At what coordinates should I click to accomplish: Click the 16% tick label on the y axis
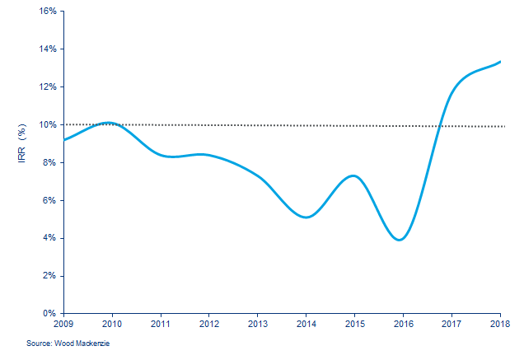coord(47,12)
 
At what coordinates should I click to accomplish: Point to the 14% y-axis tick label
coord(47,49)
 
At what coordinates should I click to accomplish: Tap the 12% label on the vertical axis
coord(47,87)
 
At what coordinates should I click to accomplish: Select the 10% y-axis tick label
coord(47,125)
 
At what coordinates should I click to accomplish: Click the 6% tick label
coord(49,201)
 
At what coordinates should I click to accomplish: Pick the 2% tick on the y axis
coord(49,276)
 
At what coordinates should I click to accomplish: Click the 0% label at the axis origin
coord(49,314)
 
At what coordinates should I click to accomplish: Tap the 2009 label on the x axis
coord(63,323)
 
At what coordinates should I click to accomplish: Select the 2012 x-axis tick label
coord(208,323)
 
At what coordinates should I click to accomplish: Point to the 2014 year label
coord(306,323)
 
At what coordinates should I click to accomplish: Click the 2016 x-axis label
coord(403,323)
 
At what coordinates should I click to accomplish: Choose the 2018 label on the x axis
coord(500,323)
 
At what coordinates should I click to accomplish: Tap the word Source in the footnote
coord(39,343)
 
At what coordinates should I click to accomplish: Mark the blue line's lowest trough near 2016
coord(400,240)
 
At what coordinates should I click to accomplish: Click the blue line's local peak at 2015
coord(353,175)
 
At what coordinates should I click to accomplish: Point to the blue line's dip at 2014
coord(306,217)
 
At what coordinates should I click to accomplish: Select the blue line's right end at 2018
coord(500,62)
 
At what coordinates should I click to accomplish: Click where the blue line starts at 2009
coord(63,140)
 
